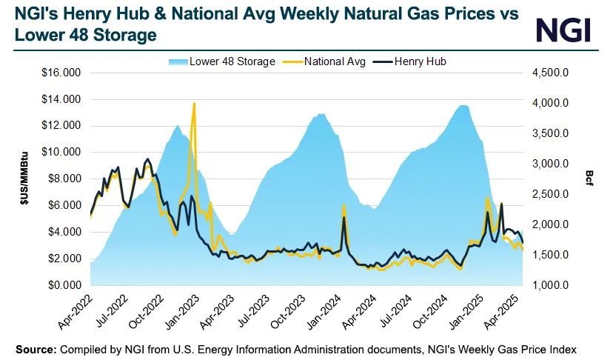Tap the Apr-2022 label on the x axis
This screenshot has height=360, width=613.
point(76,310)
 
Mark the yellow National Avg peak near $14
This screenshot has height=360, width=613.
point(194,104)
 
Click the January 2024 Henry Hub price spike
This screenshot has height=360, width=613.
point(344,217)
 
